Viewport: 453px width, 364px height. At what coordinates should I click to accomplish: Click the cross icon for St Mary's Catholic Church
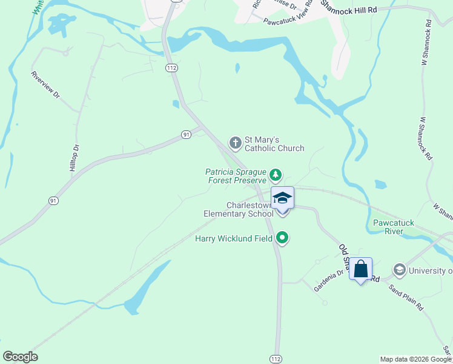point(235,143)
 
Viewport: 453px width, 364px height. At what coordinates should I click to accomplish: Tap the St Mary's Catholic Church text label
point(274,144)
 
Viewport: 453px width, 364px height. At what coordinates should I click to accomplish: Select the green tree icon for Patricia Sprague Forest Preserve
point(276,175)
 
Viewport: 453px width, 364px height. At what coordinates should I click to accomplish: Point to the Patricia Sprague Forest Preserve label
point(236,176)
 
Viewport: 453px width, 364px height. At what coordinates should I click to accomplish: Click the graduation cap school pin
point(282,200)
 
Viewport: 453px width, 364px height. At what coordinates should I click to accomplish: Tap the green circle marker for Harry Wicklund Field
point(282,238)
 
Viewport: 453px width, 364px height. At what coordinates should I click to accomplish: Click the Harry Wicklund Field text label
point(234,238)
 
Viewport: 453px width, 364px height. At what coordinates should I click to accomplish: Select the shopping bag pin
point(360,269)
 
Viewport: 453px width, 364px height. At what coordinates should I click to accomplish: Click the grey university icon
point(399,269)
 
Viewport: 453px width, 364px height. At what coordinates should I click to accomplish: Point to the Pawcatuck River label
point(394,227)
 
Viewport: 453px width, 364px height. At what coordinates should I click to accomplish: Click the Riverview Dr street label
point(46,86)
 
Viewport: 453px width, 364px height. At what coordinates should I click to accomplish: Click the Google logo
point(20,357)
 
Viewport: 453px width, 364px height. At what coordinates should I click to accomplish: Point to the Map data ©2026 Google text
point(415,359)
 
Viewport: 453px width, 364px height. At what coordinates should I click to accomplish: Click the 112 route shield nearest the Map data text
point(276,359)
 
